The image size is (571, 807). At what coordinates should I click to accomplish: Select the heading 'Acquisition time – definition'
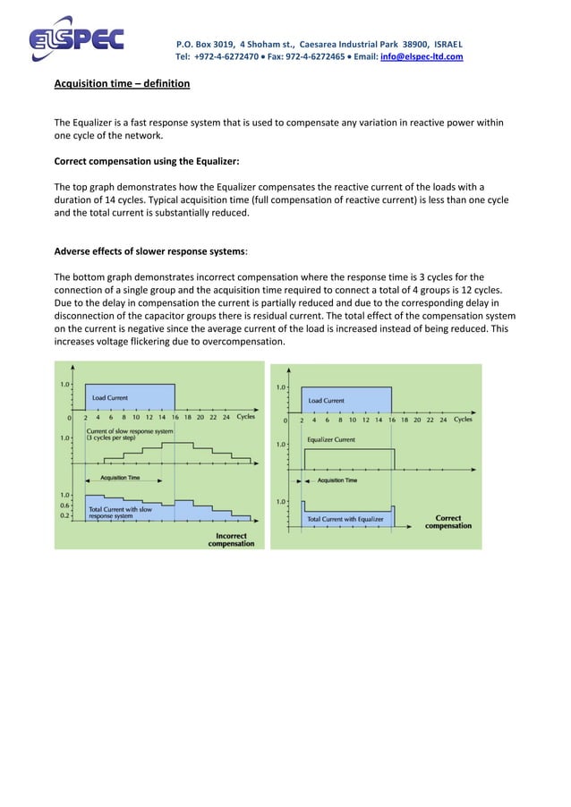122,84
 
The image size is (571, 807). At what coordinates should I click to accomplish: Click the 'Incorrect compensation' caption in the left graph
231,539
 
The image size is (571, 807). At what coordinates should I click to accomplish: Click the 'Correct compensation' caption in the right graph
447,522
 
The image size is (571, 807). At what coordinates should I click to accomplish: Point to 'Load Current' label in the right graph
327,400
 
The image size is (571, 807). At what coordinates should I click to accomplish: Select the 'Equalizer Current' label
331,439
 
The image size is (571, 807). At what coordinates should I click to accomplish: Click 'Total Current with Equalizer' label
345,518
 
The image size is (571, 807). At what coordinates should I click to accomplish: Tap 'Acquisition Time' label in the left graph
119,478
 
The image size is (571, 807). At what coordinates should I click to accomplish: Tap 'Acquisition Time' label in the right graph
337,480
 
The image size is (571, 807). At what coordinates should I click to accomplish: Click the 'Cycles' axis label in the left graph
246,417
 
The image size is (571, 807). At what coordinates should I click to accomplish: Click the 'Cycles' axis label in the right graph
463,420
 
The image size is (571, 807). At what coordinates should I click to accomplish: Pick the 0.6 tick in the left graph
64,505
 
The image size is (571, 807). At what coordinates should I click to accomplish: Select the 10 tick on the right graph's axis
353,420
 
